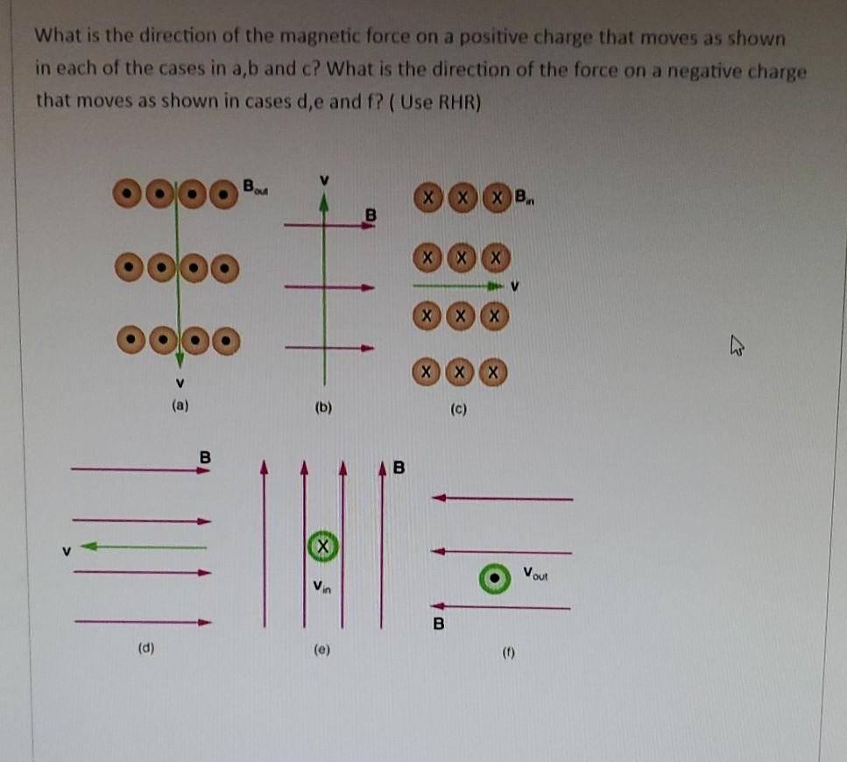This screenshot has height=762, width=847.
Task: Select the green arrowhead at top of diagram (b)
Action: point(325,204)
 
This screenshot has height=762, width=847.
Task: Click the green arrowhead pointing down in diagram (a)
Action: point(180,359)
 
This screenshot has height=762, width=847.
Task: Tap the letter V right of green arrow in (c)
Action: point(515,286)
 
